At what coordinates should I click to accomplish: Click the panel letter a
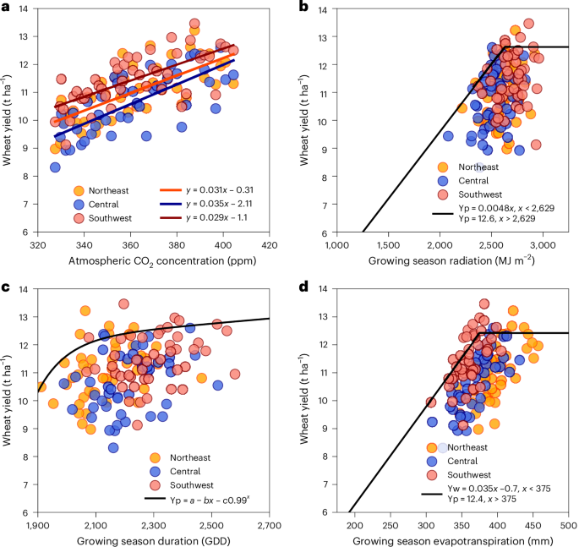tap(6, 7)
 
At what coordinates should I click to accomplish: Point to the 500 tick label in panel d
tap(568, 526)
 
